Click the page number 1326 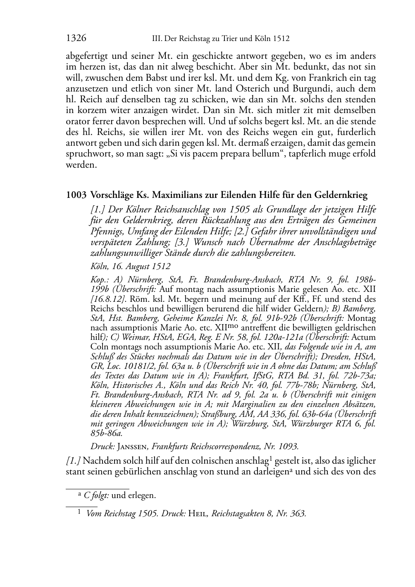[x=76, y=38]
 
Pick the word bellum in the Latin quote [x=258, y=154]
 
